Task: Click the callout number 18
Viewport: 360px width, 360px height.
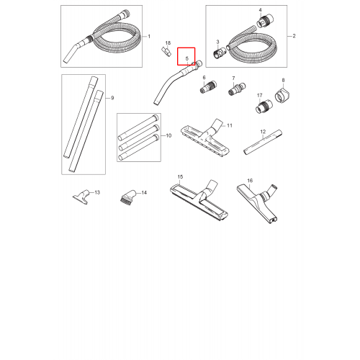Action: click(168, 43)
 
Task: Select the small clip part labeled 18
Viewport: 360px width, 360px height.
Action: click(166, 51)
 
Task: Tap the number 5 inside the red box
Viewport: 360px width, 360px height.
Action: click(187, 58)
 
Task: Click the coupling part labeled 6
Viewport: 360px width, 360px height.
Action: click(208, 87)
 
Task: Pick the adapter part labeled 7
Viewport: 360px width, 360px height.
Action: click(237, 89)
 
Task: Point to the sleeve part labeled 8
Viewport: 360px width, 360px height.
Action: click(283, 95)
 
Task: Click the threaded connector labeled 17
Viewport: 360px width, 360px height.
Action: click(264, 107)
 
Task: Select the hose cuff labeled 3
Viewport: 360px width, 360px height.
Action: click(220, 53)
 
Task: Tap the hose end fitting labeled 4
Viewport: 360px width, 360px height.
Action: click(265, 21)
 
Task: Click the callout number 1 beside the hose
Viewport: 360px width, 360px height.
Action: click(149, 37)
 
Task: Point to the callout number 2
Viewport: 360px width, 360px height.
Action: click(294, 36)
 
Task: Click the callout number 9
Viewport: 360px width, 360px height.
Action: click(112, 98)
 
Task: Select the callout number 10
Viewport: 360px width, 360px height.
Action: click(168, 135)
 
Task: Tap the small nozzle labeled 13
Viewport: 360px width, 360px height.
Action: click(81, 197)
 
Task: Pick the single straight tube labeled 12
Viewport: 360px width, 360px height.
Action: click(263, 142)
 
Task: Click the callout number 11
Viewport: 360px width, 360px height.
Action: click(230, 125)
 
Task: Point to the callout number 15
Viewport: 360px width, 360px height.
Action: click(180, 177)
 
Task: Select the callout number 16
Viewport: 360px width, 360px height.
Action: click(250, 181)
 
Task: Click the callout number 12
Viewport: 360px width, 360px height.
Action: click(263, 132)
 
